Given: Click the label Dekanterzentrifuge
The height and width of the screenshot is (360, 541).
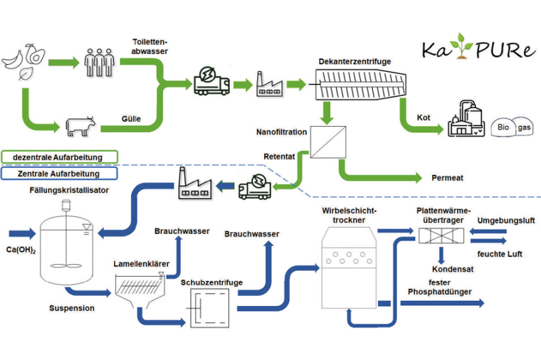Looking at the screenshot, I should (x=355, y=62).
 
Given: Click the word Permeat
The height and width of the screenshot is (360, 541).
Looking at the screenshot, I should (x=448, y=177).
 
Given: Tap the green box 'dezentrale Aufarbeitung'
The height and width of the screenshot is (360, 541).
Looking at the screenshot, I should (x=59, y=157).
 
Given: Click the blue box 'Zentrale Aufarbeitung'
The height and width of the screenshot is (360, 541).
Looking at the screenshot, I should (x=59, y=173).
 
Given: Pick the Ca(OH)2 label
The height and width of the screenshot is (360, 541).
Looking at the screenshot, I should (x=22, y=250).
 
